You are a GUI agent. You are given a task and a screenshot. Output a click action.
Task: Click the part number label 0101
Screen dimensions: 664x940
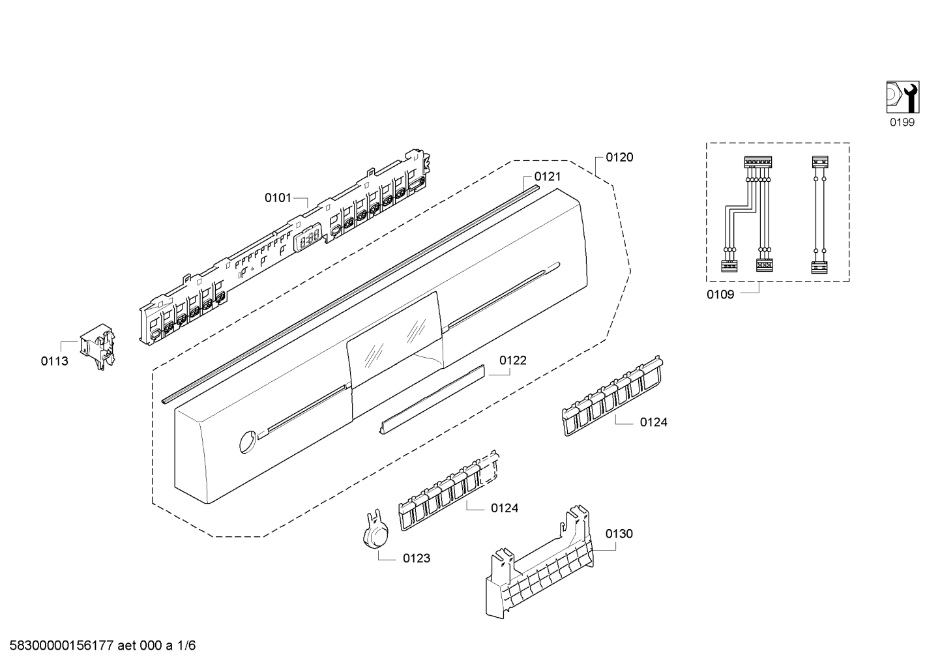point(278,197)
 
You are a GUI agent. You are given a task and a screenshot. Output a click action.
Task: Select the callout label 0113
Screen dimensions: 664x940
point(54,361)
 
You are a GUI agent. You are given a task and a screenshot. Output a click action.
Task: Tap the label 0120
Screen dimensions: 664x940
point(619,157)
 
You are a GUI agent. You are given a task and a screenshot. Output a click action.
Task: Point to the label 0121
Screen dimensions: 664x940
point(547,177)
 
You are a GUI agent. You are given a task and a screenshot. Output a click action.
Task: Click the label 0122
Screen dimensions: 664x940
point(513,360)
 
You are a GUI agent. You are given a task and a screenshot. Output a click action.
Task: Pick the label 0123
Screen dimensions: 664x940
point(417,558)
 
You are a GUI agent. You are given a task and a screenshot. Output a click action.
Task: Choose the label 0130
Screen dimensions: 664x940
point(619,534)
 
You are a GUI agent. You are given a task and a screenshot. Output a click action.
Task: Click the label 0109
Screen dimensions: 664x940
point(720,295)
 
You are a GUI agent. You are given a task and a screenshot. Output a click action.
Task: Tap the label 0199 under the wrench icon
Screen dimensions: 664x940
point(902,123)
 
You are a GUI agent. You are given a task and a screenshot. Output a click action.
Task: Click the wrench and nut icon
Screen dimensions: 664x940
point(902,96)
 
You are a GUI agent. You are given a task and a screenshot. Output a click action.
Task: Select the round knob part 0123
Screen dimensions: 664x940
point(376,535)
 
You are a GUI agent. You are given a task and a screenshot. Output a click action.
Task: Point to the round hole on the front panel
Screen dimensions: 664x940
point(246,440)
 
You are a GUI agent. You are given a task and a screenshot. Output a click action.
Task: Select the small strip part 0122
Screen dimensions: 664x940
point(432,399)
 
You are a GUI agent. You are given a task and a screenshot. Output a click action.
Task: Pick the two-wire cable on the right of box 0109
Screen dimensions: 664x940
point(819,214)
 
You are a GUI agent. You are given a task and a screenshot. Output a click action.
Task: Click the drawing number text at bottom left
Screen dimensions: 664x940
point(99,646)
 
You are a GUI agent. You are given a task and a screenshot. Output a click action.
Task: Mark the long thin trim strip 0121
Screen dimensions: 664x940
point(352,293)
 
